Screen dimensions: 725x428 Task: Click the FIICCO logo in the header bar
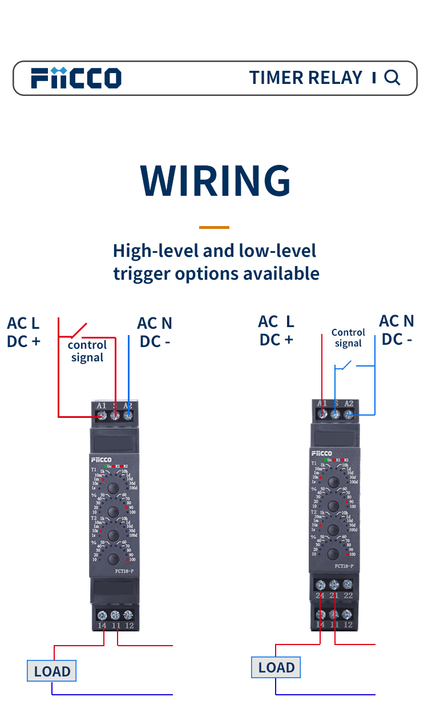coord(76,78)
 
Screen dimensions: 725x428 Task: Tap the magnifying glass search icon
coord(392,77)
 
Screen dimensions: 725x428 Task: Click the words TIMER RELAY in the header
coord(306,78)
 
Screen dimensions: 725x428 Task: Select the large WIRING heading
coord(215,180)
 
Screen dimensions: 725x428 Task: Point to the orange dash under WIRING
coord(214,227)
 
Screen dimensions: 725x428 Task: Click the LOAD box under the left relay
coord(52,671)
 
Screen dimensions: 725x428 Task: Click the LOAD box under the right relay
coord(276,667)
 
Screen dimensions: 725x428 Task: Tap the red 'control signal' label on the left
coord(87,351)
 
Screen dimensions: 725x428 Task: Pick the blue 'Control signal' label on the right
coord(348,337)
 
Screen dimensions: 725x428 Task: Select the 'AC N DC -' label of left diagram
coord(155,332)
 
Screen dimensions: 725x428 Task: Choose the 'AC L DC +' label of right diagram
coord(276,331)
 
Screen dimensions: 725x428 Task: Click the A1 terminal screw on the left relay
coord(102,416)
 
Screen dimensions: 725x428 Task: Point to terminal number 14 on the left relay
coord(102,625)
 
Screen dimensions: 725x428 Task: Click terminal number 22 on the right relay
coord(348,595)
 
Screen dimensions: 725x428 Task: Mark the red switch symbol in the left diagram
coord(79,330)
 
